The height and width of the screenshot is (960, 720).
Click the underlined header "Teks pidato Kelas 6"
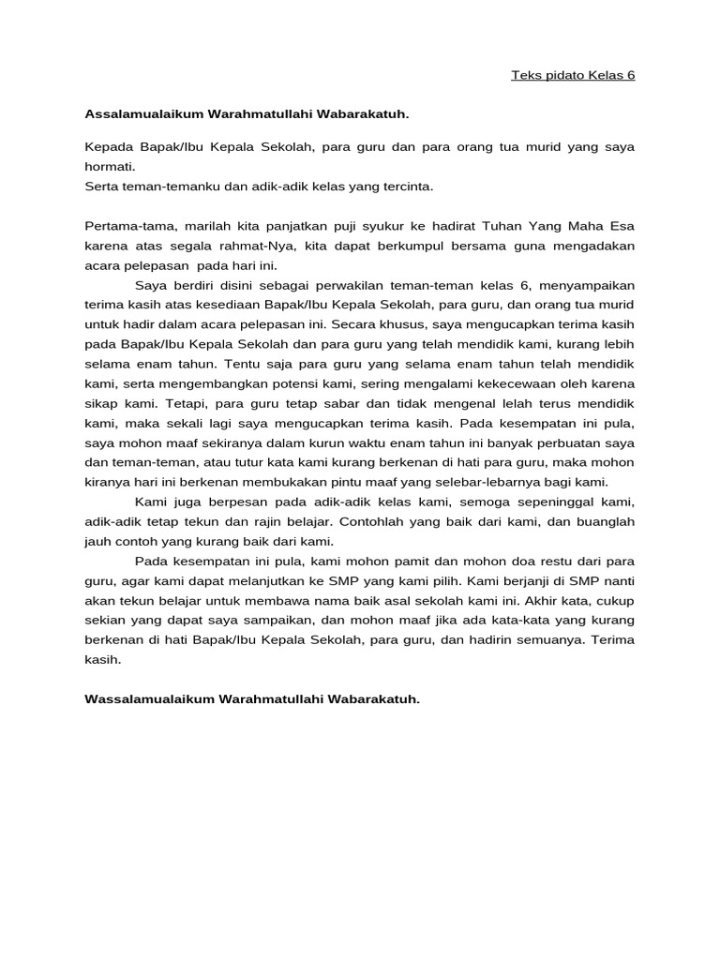pyautogui.click(x=573, y=75)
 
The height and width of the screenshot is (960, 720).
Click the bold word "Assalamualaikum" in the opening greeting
pyautogui.click(x=142, y=114)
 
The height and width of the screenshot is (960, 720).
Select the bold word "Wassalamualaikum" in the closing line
pyautogui.click(x=147, y=699)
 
